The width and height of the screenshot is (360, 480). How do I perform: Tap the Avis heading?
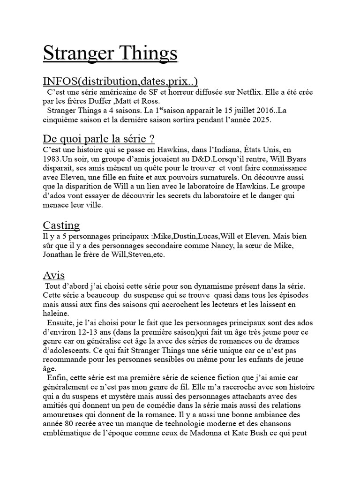(x=54, y=275)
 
